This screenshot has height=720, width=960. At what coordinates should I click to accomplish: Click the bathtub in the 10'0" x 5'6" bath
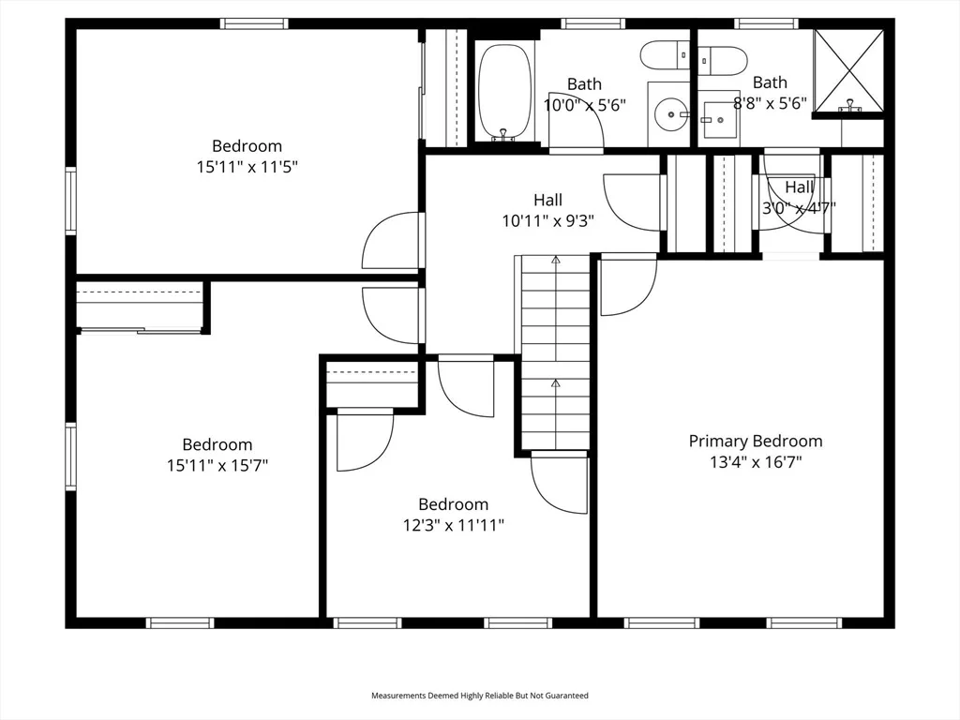click(x=504, y=92)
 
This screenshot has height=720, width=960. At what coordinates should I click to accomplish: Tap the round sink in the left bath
click(x=670, y=113)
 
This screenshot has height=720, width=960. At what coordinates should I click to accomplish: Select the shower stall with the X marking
click(x=849, y=71)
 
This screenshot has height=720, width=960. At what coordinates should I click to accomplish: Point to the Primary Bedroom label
click(x=756, y=441)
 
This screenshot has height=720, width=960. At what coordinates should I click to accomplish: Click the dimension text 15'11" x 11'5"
click(x=247, y=167)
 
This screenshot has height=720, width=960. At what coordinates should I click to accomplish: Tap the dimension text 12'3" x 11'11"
click(x=453, y=525)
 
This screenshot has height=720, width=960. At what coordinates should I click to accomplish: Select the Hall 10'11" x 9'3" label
click(x=547, y=210)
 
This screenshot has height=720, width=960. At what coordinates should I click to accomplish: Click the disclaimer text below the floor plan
click(x=479, y=696)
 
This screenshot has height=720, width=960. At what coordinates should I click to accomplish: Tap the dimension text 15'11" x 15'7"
click(x=217, y=465)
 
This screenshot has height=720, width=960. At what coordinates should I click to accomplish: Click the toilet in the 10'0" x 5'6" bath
click(x=665, y=55)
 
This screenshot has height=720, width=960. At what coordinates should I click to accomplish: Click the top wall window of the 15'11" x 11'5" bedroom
click(x=253, y=23)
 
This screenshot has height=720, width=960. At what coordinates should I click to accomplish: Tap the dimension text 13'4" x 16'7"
click(x=756, y=461)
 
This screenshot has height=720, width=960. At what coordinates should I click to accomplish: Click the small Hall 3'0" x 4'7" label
click(x=799, y=197)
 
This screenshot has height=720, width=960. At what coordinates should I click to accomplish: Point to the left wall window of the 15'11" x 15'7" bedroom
click(x=71, y=457)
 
